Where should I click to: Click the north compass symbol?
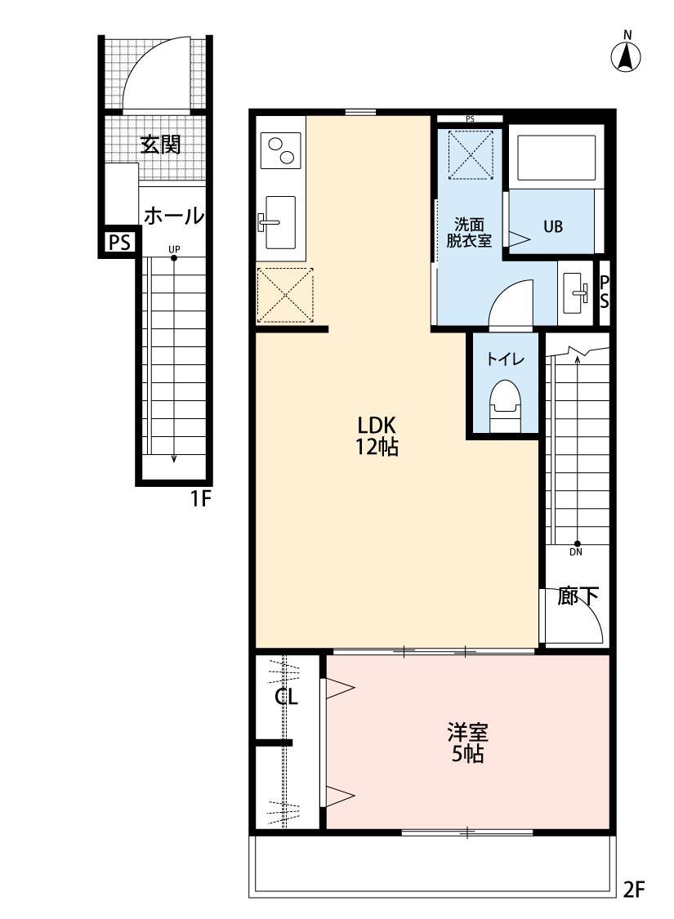(x=626, y=56)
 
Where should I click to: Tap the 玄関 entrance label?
(x=160, y=145)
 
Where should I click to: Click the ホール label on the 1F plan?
(x=173, y=216)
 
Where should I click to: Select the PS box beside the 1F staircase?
(x=118, y=243)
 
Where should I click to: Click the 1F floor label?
(x=201, y=498)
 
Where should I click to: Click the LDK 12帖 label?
(x=377, y=435)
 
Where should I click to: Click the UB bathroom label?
(x=553, y=227)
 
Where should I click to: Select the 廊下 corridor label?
(x=578, y=596)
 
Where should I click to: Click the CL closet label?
(x=286, y=697)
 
